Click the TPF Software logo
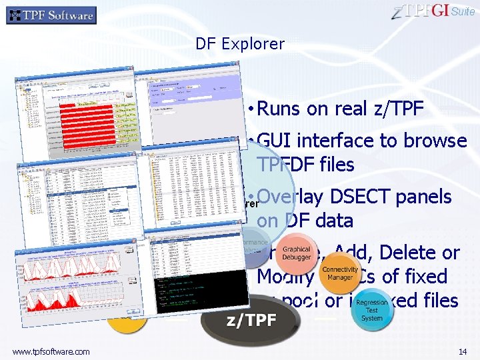[x=51, y=15]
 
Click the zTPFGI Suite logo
[x=434, y=11]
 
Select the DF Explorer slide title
[x=240, y=45]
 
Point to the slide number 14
[x=462, y=351]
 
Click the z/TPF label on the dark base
[x=251, y=320]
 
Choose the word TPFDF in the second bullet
[x=287, y=165]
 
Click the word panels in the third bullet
[x=424, y=197]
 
